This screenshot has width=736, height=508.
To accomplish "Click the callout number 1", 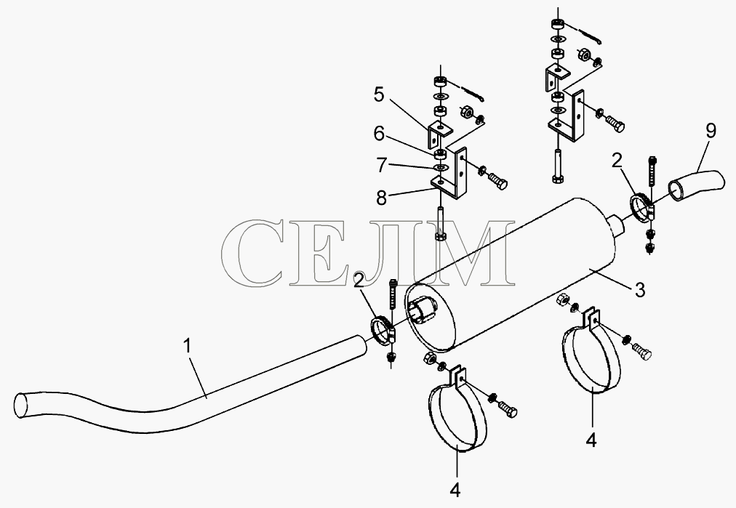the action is [188, 347].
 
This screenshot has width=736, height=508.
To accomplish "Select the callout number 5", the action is [379, 94].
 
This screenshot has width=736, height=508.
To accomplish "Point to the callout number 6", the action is [379, 134].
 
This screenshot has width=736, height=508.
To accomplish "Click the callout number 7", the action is [381, 165].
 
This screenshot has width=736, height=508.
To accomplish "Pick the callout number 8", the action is [381, 198].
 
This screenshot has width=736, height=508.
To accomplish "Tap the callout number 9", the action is [711, 130].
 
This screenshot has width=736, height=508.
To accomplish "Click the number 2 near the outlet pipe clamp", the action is [616, 161].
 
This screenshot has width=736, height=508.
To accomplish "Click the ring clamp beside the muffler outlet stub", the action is [640, 206].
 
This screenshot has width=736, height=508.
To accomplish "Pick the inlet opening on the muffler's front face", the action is [423, 309].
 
